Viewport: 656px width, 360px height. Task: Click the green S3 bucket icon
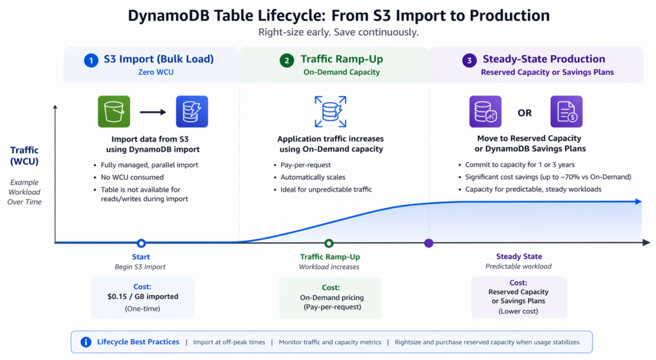[x=114, y=111]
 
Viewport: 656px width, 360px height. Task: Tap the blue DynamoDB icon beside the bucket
[x=192, y=111]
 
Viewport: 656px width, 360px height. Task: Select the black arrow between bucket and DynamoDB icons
[x=152, y=112]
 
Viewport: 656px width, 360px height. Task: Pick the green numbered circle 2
[x=286, y=60]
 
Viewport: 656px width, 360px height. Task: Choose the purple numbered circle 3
[x=469, y=60]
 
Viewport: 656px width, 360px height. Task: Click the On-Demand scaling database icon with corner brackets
[x=330, y=111]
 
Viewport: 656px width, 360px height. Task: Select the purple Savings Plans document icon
[x=566, y=111]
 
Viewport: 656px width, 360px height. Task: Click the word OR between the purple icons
[x=525, y=113]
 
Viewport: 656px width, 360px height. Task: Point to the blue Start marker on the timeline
[x=141, y=243]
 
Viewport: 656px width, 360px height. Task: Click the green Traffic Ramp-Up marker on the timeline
[x=329, y=243]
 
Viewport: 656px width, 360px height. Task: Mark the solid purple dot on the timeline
[x=429, y=243]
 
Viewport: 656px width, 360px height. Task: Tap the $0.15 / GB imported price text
[x=142, y=297]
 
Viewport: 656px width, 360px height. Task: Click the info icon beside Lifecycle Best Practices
[x=86, y=342]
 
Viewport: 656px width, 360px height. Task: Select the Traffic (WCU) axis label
[x=25, y=156]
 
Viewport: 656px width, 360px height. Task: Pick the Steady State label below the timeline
[x=518, y=257]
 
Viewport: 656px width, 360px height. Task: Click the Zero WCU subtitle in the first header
[x=155, y=72]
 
